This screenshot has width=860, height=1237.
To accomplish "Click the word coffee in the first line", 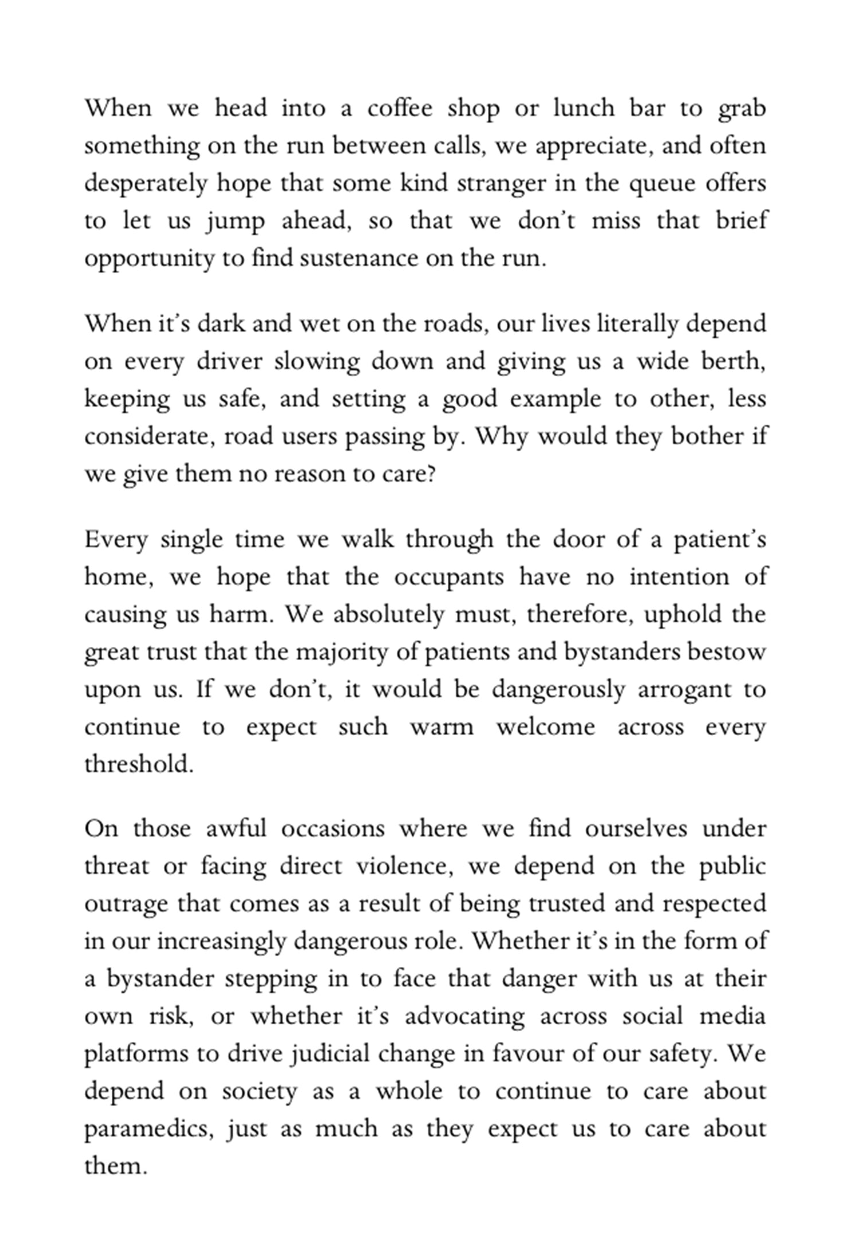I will tap(400, 108).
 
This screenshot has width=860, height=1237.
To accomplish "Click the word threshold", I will tap(138, 764).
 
